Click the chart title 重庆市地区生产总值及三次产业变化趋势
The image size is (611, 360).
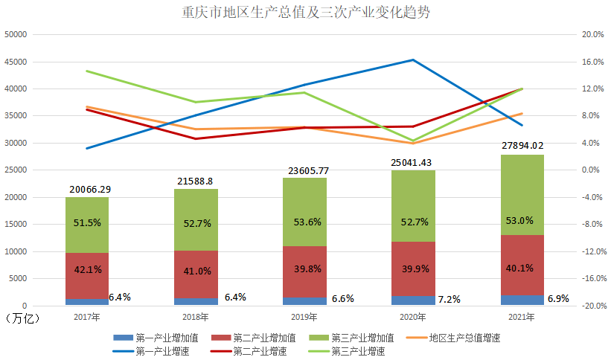[x=305, y=13]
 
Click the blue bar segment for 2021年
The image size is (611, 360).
[x=522, y=300]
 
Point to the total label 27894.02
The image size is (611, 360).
[x=522, y=147]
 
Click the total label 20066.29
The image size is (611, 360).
[x=86, y=189]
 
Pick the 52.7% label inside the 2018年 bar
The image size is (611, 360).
[x=196, y=222]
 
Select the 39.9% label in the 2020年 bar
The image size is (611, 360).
[x=414, y=269]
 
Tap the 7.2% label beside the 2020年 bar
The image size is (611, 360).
[x=449, y=300]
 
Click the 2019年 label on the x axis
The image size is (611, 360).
[x=304, y=317]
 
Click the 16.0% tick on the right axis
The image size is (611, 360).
[x=592, y=62]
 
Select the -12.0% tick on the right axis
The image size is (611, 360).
[x=592, y=251]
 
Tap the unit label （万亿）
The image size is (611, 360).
[x=22, y=318]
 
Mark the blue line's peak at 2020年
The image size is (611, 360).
[x=413, y=60]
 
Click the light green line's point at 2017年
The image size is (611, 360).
[x=86, y=71]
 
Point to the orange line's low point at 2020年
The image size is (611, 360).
[x=413, y=143]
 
